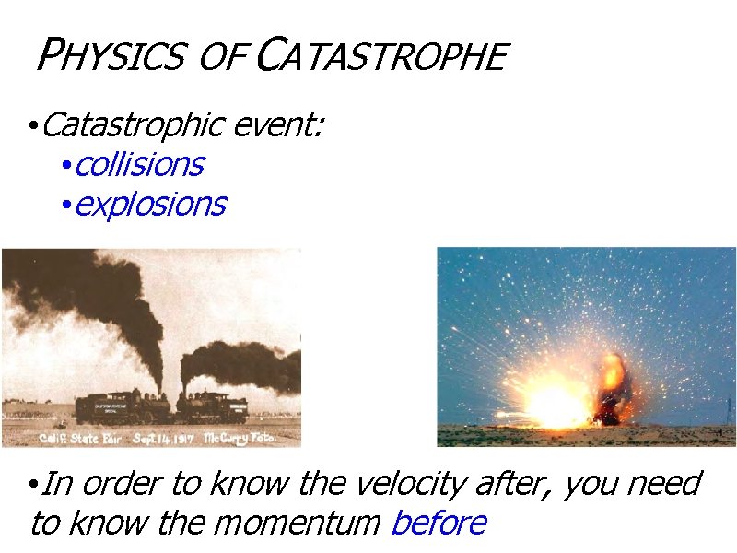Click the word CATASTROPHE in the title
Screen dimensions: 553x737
click(380, 57)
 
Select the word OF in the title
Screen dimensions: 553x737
click(221, 58)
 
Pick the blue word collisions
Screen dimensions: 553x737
click(139, 165)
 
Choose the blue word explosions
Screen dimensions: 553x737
click(149, 205)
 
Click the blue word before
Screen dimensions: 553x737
click(439, 524)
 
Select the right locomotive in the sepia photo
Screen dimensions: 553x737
click(213, 406)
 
